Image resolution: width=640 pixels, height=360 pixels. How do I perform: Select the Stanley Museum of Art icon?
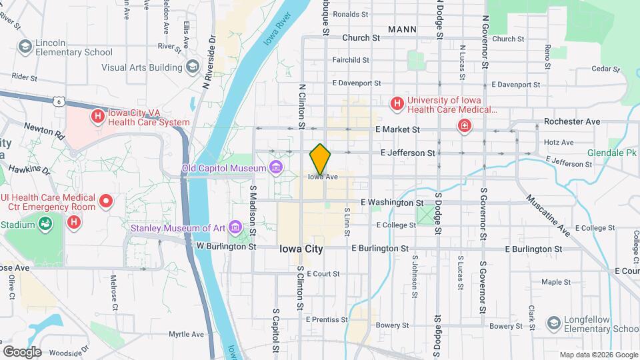[235, 228]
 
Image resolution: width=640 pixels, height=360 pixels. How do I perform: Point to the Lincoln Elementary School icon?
[25, 47]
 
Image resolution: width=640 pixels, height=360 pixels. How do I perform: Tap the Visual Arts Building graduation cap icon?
[193, 66]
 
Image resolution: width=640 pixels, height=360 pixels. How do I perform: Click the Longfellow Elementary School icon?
[553, 324]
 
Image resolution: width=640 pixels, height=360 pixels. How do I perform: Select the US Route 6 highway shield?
[59, 101]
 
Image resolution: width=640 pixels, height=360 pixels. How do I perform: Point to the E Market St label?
[398, 129]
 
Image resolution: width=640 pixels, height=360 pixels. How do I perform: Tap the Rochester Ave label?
[571, 121]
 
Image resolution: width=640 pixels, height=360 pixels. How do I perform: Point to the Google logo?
[21, 351]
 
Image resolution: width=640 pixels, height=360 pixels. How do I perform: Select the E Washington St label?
[391, 202]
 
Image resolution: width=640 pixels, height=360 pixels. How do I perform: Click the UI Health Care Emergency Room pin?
[105, 201]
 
